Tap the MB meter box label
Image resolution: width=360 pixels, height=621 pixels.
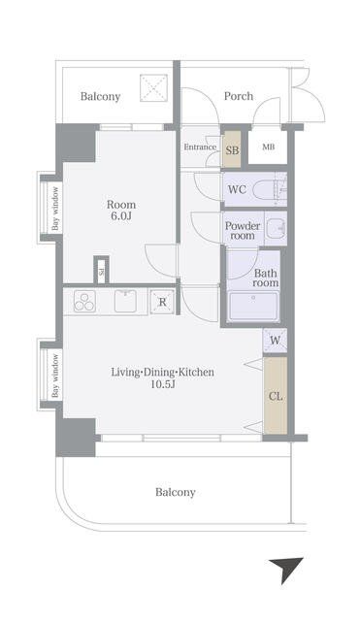[x=268, y=147]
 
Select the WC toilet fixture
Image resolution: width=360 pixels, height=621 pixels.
[x=269, y=189]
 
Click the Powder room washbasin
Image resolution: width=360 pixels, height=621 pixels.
[x=276, y=229]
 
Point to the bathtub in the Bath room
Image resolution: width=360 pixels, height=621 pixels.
[x=253, y=307]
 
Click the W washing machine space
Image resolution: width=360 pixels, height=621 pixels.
[x=275, y=341]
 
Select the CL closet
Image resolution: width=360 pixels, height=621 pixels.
[x=276, y=395]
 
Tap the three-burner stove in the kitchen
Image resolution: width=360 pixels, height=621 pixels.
[x=84, y=302]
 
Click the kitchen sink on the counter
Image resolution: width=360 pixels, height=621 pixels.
[x=125, y=301]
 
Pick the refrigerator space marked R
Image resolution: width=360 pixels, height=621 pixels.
[x=162, y=302]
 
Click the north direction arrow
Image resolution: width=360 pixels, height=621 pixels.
[x=287, y=570]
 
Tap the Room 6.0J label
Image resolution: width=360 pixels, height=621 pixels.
[x=121, y=211]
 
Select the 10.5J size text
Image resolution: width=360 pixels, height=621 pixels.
[x=162, y=384]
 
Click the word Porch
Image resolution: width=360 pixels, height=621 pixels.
[x=239, y=96]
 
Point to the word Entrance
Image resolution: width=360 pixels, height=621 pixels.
[x=200, y=147]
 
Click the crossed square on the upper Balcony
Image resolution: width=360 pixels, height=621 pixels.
[x=153, y=87]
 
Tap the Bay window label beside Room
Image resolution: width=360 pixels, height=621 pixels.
[x=55, y=209]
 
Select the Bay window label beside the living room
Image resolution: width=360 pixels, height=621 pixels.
[x=55, y=376]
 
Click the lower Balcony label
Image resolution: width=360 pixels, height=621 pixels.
[x=175, y=492]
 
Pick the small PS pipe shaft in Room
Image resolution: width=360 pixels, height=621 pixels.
[x=101, y=271]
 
